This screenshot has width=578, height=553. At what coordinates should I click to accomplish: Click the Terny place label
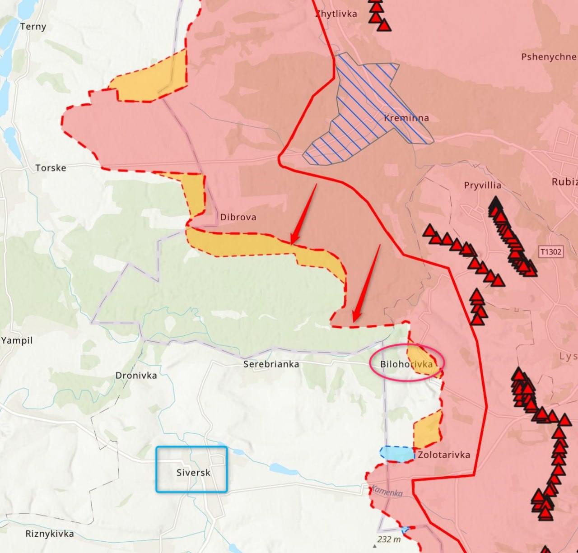[x=33, y=27]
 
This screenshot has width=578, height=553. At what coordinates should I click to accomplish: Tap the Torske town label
[x=51, y=168]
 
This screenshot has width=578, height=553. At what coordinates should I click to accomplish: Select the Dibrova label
[x=238, y=217]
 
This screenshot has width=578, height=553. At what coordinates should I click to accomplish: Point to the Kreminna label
[x=406, y=118]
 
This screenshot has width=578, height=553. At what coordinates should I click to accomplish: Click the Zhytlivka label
[x=336, y=14]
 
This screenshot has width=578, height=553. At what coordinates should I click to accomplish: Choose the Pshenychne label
[x=548, y=57]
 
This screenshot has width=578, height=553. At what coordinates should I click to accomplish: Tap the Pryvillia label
[x=482, y=185]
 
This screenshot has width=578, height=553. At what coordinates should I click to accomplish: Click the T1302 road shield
[x=551, y=252]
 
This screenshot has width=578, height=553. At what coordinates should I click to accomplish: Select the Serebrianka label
[x=271, y=364]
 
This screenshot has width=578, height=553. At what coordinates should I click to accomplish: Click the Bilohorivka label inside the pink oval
[x=406, y=364]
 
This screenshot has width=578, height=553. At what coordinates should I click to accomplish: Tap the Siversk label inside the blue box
[x=193, y=473]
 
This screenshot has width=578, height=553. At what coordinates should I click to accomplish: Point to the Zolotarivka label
[x=443, y=455]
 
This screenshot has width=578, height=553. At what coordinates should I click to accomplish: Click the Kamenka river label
[x=387, y=491]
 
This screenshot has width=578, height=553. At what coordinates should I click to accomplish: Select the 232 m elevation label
[x=389, y=539]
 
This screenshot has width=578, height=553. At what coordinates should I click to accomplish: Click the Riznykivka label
[x=49, y=534]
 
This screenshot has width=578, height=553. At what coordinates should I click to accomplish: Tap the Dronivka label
[x=136, y=376]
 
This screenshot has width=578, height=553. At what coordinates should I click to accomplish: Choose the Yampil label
[x=17, y=340]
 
